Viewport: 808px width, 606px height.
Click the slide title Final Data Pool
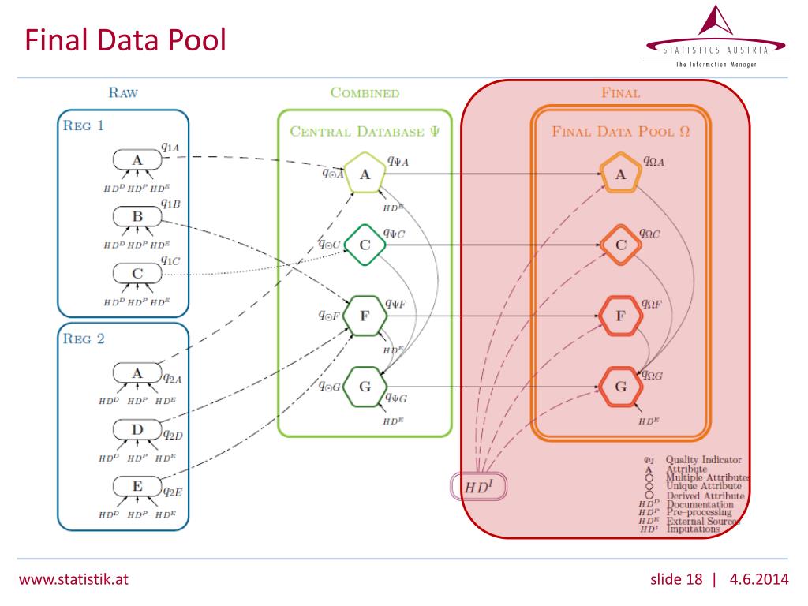(x=125, y=39)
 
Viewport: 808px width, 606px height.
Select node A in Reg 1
(x=137, y=160)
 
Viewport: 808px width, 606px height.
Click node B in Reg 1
(x=137, y=216)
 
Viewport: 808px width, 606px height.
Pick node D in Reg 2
(x=137, y=429)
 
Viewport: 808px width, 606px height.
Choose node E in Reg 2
(x=137, y=486)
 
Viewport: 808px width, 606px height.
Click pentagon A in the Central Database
(x=365, y=175)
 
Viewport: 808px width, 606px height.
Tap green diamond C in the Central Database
(x=365, y=245)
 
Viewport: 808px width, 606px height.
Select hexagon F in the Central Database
(x=365, y=316)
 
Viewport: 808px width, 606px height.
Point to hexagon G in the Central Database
(x=365, y=387)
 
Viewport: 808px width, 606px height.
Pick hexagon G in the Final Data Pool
(x=620, y=387)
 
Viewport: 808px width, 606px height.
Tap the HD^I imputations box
(x=477, y=487)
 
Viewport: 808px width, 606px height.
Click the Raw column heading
(x=122, y=92)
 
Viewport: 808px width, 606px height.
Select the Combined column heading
(x=365, y=92)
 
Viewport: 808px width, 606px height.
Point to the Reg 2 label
(x=84, y=339)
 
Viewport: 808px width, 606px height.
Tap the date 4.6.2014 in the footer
(x=759, y=580)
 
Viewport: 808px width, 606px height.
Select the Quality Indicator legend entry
(x=703, y=459)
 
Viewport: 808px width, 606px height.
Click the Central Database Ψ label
(x=365, y=131)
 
